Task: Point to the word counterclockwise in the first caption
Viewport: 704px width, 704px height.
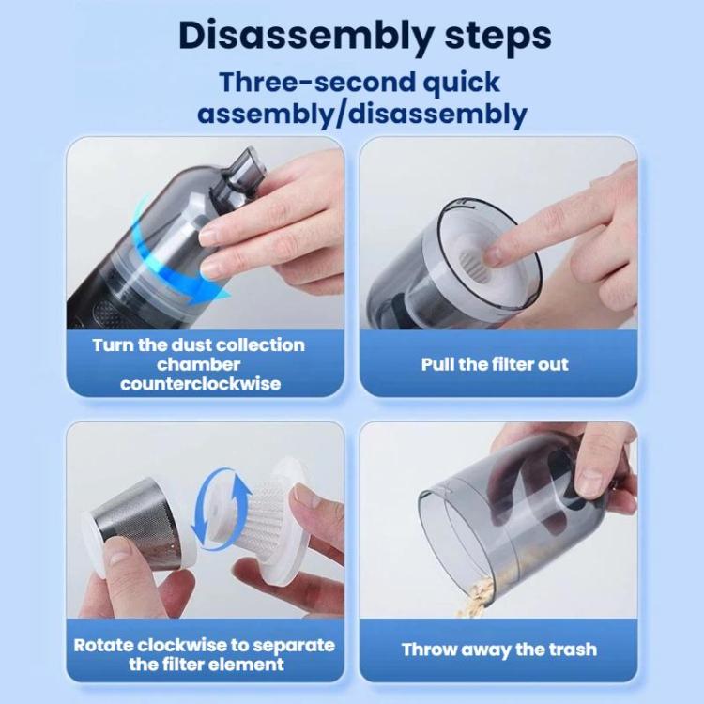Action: [x=200, y=384]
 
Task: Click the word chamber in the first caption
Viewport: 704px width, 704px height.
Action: [x=198, y=364]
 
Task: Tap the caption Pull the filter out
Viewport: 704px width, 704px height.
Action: [x=495, y=364]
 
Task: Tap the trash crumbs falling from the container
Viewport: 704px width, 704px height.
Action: [x=477, y=597]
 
